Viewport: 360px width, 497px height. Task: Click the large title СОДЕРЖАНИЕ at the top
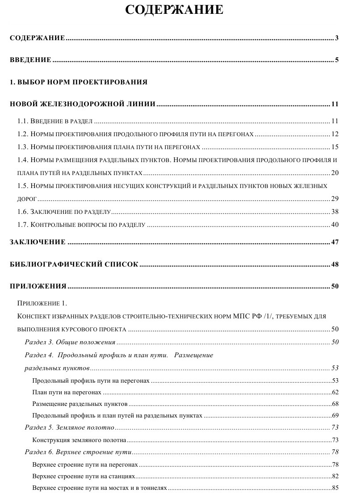coord(174,10)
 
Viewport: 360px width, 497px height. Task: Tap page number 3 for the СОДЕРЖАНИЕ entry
coord(336,38)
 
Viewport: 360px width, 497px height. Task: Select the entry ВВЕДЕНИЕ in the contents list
coord(30,60)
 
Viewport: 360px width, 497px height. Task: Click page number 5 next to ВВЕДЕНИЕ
coord(336,60)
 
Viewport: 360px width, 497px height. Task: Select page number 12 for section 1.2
coord(335,134)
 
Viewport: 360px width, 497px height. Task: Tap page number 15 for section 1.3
coord(335,147)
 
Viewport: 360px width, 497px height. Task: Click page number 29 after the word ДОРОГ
coord(335,199)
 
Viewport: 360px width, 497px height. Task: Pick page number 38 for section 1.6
coord(335,212)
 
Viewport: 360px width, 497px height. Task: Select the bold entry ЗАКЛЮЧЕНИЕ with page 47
coord(38,242)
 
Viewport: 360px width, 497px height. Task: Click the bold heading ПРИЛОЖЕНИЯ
coord(38,286)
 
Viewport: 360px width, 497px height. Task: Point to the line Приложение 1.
coord(42,304)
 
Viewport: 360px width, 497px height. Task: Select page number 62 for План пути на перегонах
coord(335,393)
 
